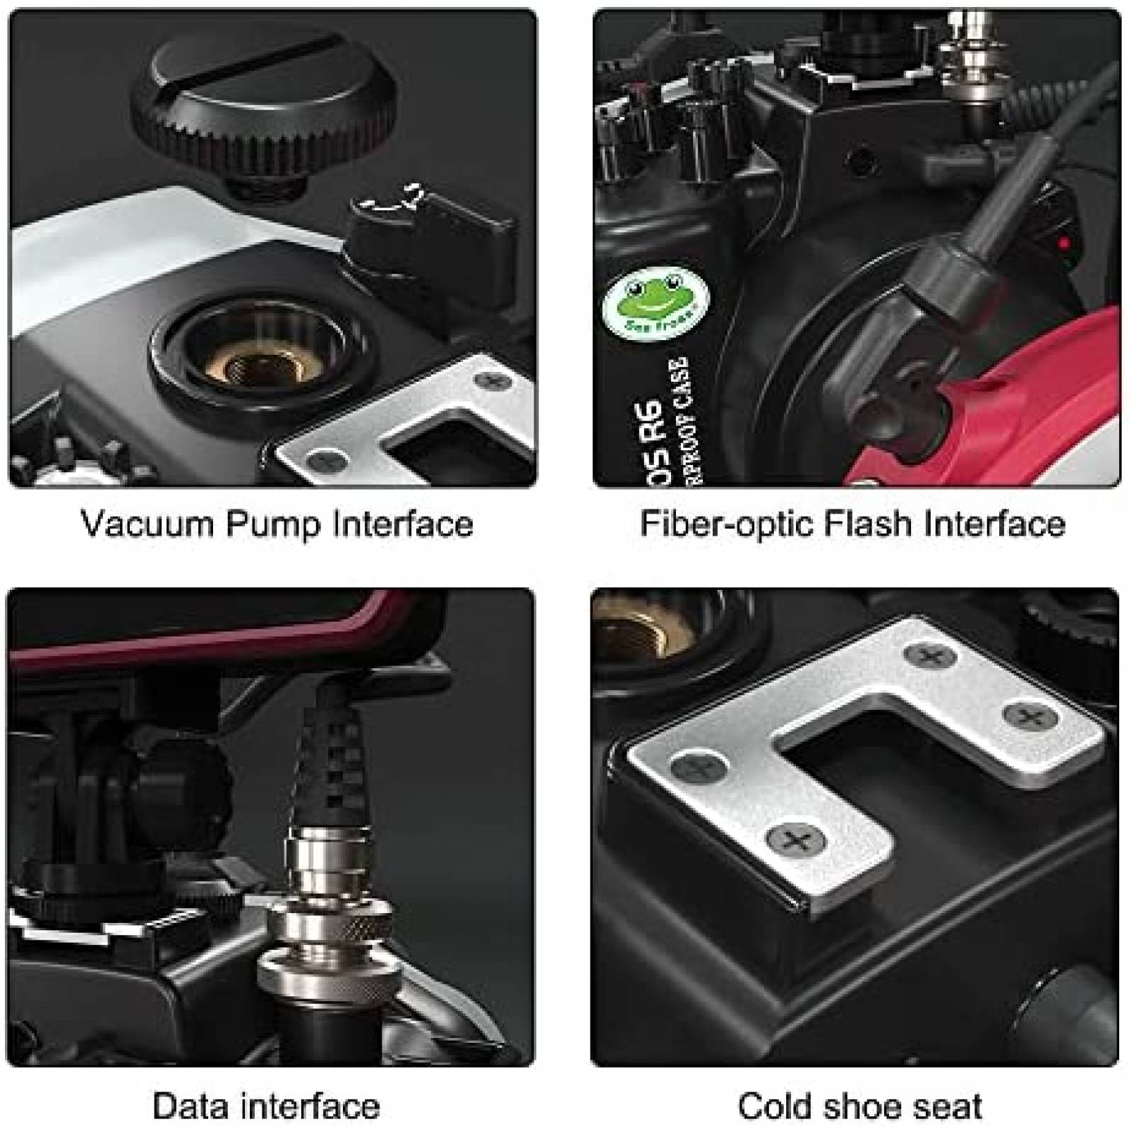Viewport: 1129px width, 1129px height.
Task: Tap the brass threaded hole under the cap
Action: (x=265, y=363)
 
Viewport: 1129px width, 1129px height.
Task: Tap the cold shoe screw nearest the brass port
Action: (x=930, y=656)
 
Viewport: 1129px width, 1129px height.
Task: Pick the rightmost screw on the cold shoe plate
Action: (x=1030, y=718)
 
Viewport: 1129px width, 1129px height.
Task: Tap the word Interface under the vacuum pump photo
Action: (x=403, y=524)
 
